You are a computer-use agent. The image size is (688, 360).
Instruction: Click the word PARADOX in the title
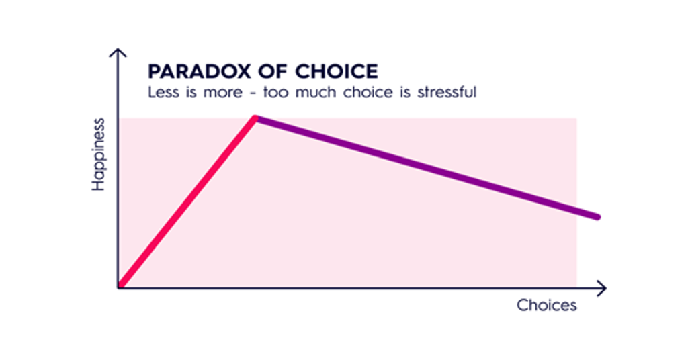point(200,71)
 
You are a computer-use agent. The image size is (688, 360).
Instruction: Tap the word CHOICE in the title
point(336,71)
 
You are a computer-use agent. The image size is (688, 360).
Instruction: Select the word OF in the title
point(273,71)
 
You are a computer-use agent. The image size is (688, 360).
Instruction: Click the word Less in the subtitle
point(164,92)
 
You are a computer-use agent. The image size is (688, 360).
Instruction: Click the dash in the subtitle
point(253,93)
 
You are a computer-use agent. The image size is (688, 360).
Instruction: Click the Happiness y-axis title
point(98,154)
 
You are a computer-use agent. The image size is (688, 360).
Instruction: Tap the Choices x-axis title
point(546,305)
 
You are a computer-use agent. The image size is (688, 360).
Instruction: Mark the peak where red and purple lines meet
point(255,118)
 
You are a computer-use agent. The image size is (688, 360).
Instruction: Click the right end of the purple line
point(597,217)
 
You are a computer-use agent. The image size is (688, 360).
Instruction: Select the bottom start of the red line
point(121,285)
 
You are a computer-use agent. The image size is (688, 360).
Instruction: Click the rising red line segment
point(188,201)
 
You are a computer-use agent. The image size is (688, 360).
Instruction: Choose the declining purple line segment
point(426,167)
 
